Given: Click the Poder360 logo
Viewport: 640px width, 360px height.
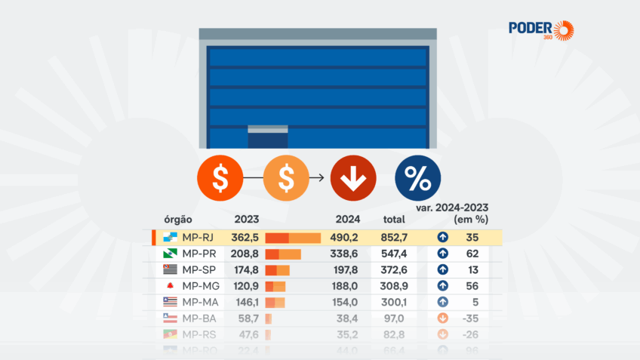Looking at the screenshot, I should [x=541, y=29].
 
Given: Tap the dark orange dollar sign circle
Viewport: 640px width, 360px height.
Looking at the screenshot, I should [x=220, y=179].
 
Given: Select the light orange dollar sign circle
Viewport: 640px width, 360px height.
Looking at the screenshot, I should [x=286, y=179].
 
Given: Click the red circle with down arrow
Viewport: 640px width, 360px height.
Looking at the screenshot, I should [x=353, y=179].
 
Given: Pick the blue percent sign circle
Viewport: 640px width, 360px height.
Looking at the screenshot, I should [x=417, y=179].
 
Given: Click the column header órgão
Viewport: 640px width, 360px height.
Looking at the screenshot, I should [x=179, y=220].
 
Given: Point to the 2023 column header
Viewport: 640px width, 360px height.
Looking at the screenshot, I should [x=247, y=220].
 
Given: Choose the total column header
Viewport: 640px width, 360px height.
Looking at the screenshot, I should [x=394, y=220].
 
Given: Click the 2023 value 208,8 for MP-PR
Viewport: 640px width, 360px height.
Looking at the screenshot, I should [x=246, y=254].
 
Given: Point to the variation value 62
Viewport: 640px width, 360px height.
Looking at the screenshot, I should [x=473, y=254].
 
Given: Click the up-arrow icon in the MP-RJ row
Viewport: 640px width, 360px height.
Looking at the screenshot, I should [x=443, y=238].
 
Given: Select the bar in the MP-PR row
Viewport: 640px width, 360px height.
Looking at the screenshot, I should [x=283, y=254].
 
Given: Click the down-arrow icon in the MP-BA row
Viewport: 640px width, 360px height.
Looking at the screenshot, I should [x=443, y=318].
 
